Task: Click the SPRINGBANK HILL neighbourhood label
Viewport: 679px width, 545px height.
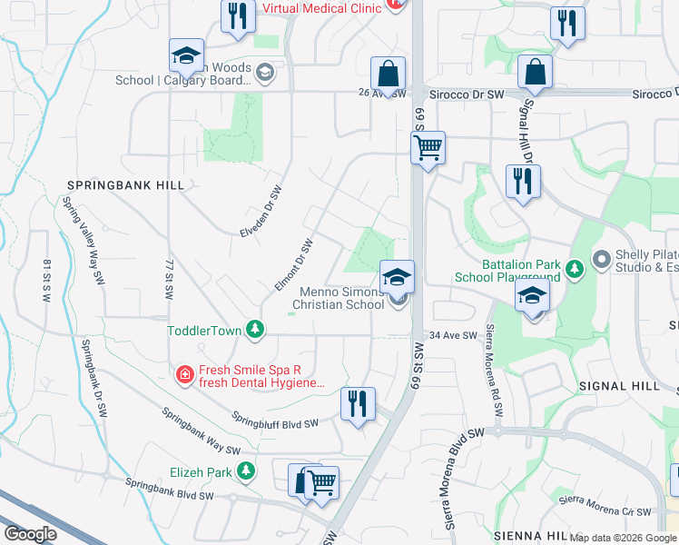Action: tap(125, 185)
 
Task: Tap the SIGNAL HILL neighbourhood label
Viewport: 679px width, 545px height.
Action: tap(619, 386)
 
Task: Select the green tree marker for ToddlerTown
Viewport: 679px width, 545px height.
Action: tap(256, 330)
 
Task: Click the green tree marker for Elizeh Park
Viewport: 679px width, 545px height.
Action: tap(245, 471)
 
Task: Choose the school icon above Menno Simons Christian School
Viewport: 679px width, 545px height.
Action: tap(397, 277)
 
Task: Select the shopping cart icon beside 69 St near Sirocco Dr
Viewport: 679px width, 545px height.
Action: tap(428, 147)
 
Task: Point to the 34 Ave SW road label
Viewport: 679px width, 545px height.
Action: tap(453, 335)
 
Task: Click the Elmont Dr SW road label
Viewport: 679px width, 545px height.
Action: tap(294, 265)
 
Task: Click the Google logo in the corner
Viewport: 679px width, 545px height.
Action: tap(30, 533)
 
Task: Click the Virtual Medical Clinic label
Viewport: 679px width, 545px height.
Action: tap(321, 8)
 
